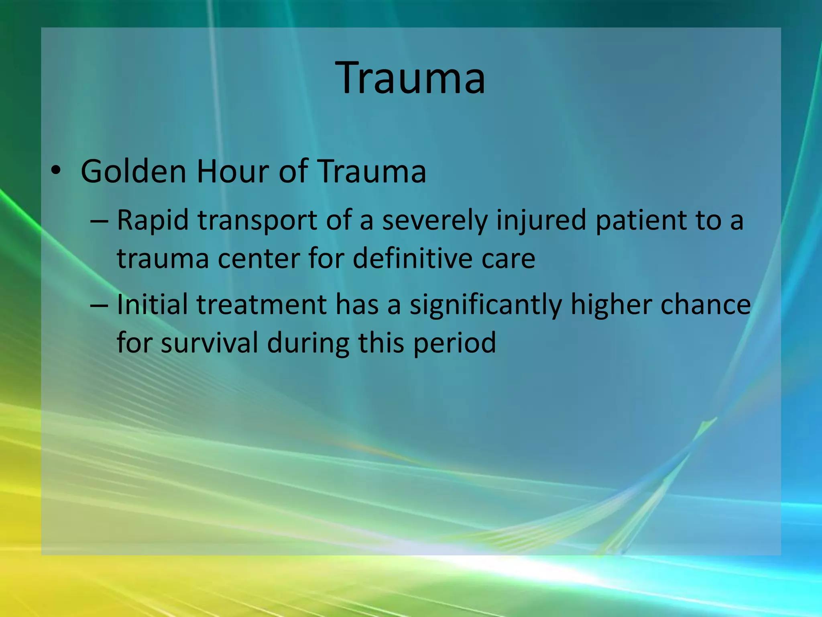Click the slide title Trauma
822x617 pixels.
(411, 78)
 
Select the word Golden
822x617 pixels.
(134, 172)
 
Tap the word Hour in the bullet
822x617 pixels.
(233, 172)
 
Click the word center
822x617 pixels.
(259, 258)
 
